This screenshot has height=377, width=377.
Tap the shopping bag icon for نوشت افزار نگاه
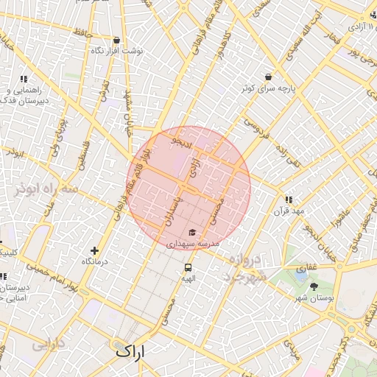point(116,40)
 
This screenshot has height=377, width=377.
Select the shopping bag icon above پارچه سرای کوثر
point(267,77)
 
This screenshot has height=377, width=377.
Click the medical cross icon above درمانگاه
point(94,251)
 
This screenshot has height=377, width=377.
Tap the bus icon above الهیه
point(188,267)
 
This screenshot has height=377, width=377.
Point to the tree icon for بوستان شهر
point(314,286)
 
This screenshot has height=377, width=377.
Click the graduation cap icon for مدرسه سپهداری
point(192,232)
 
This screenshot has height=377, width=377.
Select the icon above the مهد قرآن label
point(289,200)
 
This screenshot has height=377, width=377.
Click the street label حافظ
point(82,32)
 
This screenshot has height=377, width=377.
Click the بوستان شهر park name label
point(311,297)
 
